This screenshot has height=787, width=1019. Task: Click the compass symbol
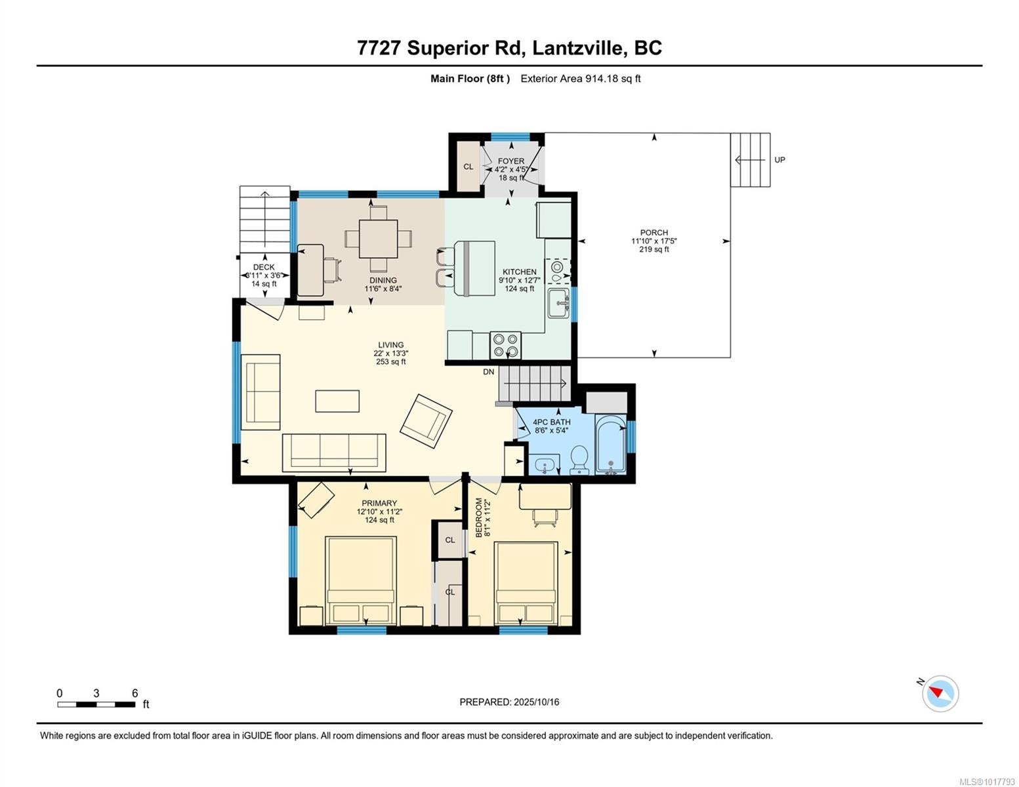point(940,694)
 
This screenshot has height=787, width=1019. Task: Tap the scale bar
point(96,704)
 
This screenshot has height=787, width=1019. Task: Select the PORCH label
point(654,232)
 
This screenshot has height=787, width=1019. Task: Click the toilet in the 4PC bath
point(579,460)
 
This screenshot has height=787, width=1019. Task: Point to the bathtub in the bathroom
point(611,443)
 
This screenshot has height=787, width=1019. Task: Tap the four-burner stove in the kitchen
point(505,345)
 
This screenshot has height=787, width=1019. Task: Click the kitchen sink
point(558,303)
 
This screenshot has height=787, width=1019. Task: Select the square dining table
point(378,239)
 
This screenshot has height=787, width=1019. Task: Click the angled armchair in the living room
point(426,420)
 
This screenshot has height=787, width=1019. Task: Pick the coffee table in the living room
point(337,401)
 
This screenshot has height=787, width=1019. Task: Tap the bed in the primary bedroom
point(361,581)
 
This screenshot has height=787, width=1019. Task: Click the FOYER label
point(510,161)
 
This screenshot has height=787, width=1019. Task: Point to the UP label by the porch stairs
point(780,160)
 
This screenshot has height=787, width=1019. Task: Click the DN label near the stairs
point(489,372)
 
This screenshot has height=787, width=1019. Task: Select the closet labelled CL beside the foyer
point(468,167)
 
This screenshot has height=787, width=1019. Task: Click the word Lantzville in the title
point(579,48)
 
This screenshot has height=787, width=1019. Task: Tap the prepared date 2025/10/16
point(535,702)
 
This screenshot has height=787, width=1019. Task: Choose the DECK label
point(264,267)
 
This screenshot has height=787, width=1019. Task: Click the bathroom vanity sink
point(545,464)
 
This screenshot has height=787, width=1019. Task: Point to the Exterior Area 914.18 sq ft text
point(580,79)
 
